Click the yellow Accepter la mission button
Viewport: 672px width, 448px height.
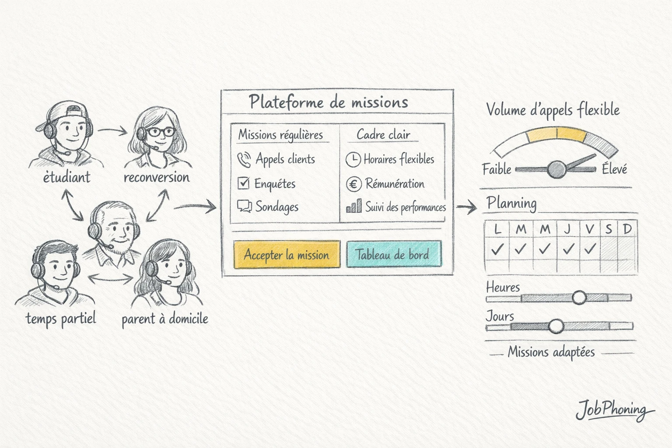point(287,254)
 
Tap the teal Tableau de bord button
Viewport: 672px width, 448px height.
point(394,254)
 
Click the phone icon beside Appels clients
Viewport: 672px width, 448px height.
point(244,160)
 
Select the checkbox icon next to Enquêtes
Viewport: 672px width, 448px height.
point(243,183)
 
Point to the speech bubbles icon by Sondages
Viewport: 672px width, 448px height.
point(244,206)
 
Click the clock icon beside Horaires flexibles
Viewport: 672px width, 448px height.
point(353,160)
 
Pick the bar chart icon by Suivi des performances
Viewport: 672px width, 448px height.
point(354,206)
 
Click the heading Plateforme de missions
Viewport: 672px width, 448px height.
point(329,102)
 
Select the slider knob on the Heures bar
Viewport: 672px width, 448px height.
point(579,297)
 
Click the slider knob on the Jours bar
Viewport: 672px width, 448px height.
point(556,326)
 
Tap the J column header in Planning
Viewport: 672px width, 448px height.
point(567,229)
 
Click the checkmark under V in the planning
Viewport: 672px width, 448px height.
point(590,249)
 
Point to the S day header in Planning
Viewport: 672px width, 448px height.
point(609,229)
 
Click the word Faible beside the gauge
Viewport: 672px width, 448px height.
point(497,169)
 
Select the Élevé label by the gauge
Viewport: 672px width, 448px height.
point(614,168)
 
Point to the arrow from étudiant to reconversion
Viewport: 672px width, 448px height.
point(112,130)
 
